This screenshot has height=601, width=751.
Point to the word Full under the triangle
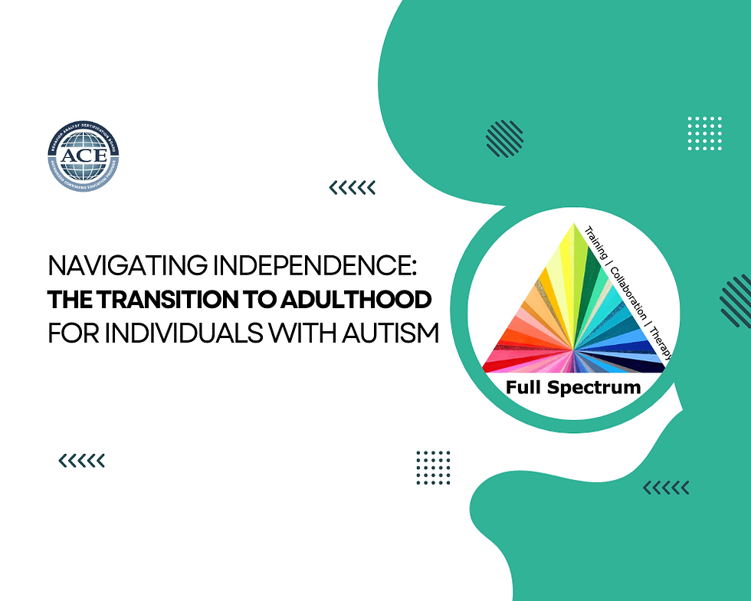(x=523, y=387)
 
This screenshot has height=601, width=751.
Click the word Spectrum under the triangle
(x=594, y=388)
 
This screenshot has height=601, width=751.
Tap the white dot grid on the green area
(x=705, y=134)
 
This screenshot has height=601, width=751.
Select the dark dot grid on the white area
(x=433, y=468)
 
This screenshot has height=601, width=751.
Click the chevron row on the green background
(x=665, y=488)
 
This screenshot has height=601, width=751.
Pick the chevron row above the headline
(x=352, y=187)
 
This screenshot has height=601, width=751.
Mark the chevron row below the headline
(x=81, y=460)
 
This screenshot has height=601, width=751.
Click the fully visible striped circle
(x=505, y=139)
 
